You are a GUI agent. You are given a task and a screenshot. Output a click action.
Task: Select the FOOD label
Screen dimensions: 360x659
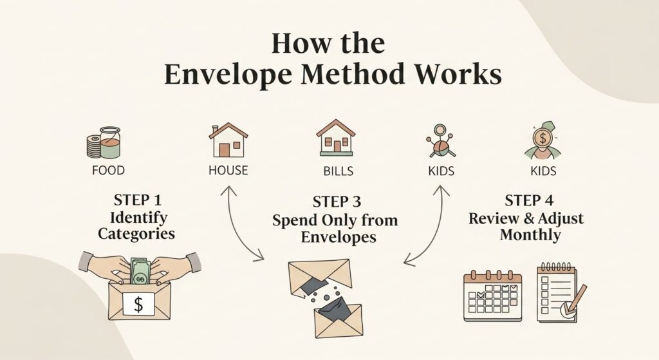click(108, 171)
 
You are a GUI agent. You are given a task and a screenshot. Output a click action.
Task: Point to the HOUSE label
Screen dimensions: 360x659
click(228, 171)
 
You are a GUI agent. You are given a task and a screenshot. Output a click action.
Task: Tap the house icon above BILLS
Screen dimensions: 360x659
click(335, 138)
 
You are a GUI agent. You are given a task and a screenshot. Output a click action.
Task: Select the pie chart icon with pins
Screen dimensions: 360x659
click(440, 146)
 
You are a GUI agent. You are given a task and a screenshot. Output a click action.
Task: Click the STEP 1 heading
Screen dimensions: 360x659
click(135, 200)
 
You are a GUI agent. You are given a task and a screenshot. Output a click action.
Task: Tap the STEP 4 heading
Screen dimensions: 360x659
click(526, 200)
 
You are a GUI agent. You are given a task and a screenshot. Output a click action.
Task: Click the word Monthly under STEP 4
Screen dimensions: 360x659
click(526, 235)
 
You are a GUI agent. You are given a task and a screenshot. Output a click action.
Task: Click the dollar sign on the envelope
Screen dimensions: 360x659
click(138, 304)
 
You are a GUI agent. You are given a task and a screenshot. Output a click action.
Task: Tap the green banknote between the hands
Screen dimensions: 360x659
click(140, 271)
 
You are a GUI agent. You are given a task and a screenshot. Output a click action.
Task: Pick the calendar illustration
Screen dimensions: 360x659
click(492, 297)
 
